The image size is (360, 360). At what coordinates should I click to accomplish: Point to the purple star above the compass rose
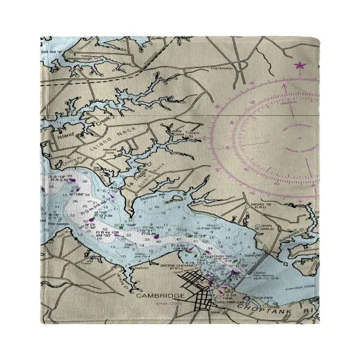tap(300, 65)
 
